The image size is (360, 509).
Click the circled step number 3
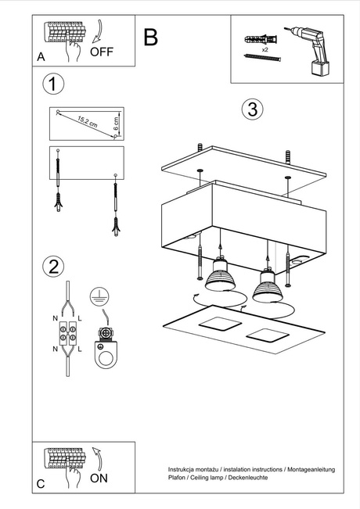[250, 109]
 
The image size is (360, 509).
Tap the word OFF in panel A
[104, 52]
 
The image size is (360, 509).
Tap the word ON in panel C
[99, 479]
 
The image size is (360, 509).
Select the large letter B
[151, 37]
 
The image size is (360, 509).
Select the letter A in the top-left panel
[41, 57]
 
